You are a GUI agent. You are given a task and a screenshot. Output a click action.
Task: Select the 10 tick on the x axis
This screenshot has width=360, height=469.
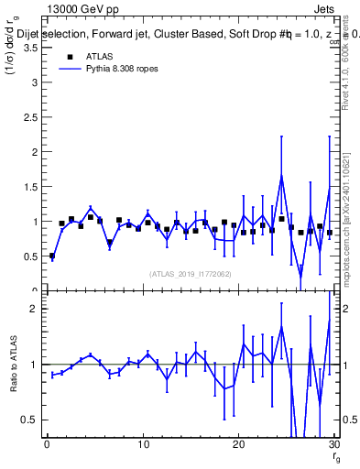click(x=142, y=446)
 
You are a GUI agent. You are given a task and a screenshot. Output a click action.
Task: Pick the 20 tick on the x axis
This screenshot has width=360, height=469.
click(x=238, y=446)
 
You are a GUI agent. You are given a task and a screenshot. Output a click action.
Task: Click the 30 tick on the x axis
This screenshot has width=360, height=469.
click(x=333, y=446)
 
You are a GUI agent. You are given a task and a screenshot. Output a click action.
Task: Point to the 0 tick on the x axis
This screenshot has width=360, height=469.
click(x=47, y=446)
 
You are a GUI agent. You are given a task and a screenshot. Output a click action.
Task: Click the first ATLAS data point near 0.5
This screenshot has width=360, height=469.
click(x=52, y=256)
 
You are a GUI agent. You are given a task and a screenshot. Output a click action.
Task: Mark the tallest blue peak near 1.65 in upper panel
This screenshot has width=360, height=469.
click(x=281, y=176)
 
